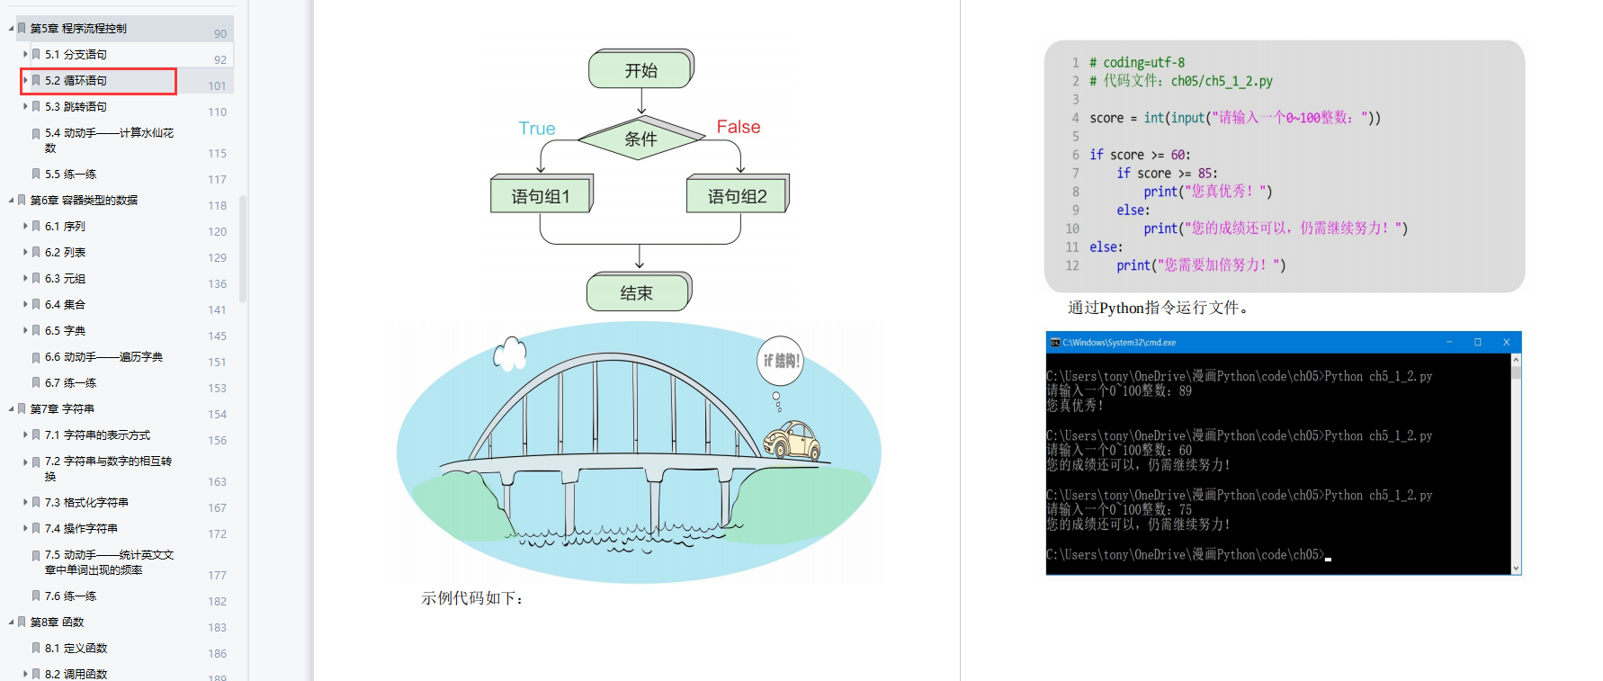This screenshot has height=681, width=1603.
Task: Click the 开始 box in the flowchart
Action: click(641, 69)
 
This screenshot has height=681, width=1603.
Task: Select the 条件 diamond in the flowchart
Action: click(641, 138)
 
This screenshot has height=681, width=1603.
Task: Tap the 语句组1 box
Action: click(542, 194)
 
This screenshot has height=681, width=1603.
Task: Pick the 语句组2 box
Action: click(738, 194)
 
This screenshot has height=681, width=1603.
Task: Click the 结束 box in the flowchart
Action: click(639, 292)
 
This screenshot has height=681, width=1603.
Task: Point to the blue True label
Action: click(537, 129)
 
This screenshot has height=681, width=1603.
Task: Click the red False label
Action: click(739, 127)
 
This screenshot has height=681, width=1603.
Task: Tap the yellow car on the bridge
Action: click(792, 440)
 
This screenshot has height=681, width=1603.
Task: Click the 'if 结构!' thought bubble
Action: click(780, 361)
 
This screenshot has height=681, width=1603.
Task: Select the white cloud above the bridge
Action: click(510, 354)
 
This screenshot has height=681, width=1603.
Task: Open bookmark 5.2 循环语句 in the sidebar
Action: click(76, 80)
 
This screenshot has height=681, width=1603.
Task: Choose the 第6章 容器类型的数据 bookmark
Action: click(84, 200)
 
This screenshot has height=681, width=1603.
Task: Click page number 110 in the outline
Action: click(218, 112)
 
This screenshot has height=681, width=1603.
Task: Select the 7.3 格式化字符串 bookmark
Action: click(86, 502)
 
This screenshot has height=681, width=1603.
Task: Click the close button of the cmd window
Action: click(1506, 342)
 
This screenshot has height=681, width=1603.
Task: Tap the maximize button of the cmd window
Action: click(1477, 342)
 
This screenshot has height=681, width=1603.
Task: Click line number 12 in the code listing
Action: click(1072, 265)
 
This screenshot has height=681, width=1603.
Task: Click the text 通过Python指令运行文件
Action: click(1158, 308)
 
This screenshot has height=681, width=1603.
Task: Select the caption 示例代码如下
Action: click(472, 598)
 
